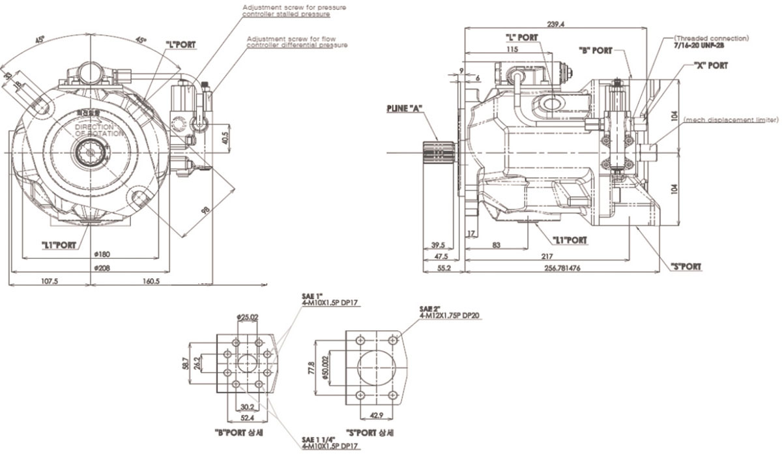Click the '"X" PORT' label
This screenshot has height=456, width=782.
(710, 66)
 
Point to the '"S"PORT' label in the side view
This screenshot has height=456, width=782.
(686, 266)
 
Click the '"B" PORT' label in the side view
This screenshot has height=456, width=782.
(596, 51)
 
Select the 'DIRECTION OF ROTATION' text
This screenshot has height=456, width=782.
(98, 130)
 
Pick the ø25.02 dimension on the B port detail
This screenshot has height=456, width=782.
(248, 317)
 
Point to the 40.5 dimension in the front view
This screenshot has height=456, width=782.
(225, 138)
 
